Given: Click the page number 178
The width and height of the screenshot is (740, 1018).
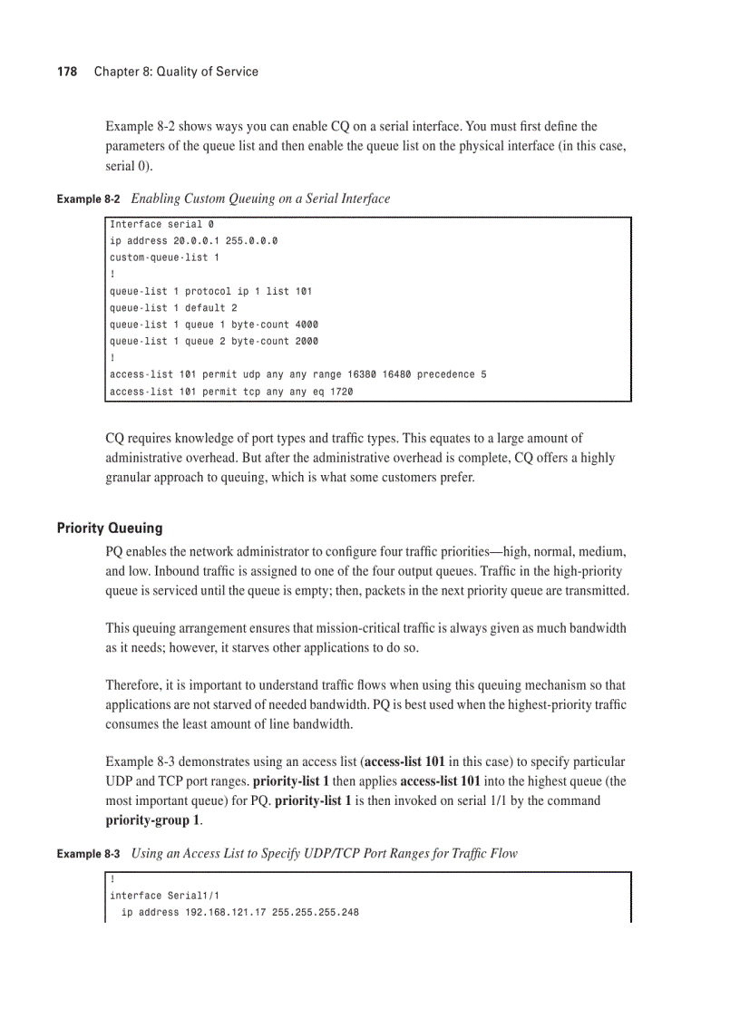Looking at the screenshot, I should pyautogui.click(x=67, y=72).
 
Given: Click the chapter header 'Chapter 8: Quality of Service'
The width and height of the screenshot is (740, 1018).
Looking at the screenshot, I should pyautogui.click(x=176, y=72).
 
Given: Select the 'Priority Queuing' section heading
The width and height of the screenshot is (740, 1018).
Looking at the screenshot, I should pyautogui.click(x=110, y=528).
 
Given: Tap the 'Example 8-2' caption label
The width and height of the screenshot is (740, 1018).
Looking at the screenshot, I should pyautogui.click(x=88, y=199).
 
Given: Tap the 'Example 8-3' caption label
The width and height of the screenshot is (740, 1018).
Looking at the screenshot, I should pyautogui.click(x=88, y=854).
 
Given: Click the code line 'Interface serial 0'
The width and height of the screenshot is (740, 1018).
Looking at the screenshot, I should pyautogui.click(x=161, y=224).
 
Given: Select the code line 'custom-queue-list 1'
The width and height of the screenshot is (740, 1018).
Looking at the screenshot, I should pyautogui.click(x=164, y=257).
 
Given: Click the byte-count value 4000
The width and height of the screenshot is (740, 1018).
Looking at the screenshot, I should pyautogui.click(x=306, y=325).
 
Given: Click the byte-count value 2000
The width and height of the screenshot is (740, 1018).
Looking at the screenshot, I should pyautogui.click(x=306, y=342).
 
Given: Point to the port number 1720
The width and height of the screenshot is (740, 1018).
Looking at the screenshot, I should pyautogui.click(x=340, y=392).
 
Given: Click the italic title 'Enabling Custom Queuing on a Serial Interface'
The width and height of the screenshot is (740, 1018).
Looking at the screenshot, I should pyautogui.click(x=261, y=199).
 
